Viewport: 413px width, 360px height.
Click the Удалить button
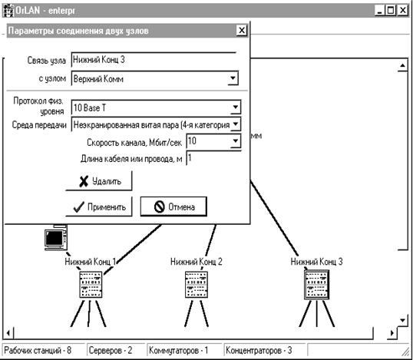pyautogui.click(x=99, y=181)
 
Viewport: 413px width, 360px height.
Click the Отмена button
pyautogui.click(x=173, y=206)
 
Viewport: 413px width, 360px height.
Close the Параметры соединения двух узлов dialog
pyautogui.click(x=242, y=31)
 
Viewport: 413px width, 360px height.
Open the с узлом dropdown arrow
pyautogui.click(x=233, y=78)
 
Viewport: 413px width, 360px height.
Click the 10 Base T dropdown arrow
pyautogui.click(x=236, y=107)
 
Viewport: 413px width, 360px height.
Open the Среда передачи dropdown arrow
pyautogui.click(x=236, y=124)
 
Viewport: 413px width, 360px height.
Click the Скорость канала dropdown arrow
pyautogui.click(x=235, y=141)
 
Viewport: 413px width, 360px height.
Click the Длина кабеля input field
pyautogui.click(x=213, y=158)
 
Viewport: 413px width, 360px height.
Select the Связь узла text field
pyautogui.click(x=154, y=60)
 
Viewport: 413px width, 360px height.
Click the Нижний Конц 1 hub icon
pyautogui.click(x=91, y=285)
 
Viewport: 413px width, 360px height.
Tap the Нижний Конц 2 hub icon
pyautogui.click(x=197, y=285)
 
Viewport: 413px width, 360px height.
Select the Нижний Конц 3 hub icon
pyautogui.click(x=316, y=285)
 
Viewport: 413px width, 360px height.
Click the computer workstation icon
pyautogui.click(x=56, y=237)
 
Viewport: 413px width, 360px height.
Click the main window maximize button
pyautogui.click(x=391, y=10)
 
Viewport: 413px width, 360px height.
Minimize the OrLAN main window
pyautogui.click(x=379, y=10)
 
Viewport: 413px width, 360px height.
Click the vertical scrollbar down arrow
pyautogui.click(x=402, y=321)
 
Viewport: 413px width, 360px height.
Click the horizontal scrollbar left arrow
pyautogui.click(x=8, y=333)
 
